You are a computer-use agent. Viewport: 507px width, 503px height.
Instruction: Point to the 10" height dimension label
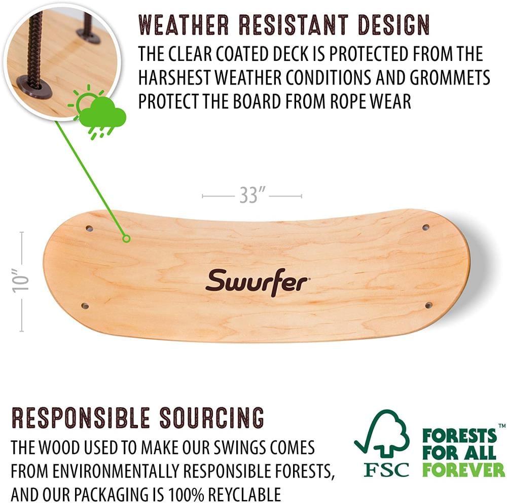tap(21, 282)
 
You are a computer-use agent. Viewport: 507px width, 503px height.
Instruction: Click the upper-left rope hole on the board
tap(90, 229)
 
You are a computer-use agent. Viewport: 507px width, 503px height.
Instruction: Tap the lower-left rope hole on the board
tap(85, 306)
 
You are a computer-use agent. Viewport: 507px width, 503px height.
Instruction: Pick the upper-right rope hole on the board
tap(426, 227)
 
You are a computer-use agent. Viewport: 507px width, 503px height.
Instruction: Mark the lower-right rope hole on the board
tap(428, 305)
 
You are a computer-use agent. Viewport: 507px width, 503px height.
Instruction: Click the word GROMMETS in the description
tap(444, 78)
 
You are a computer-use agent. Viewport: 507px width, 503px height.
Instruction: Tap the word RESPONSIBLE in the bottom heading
tap(81, 418)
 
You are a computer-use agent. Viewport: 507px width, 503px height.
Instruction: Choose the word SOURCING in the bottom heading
tap(212, 418)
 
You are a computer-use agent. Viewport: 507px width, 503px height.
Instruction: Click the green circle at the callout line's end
tap(127, 238)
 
